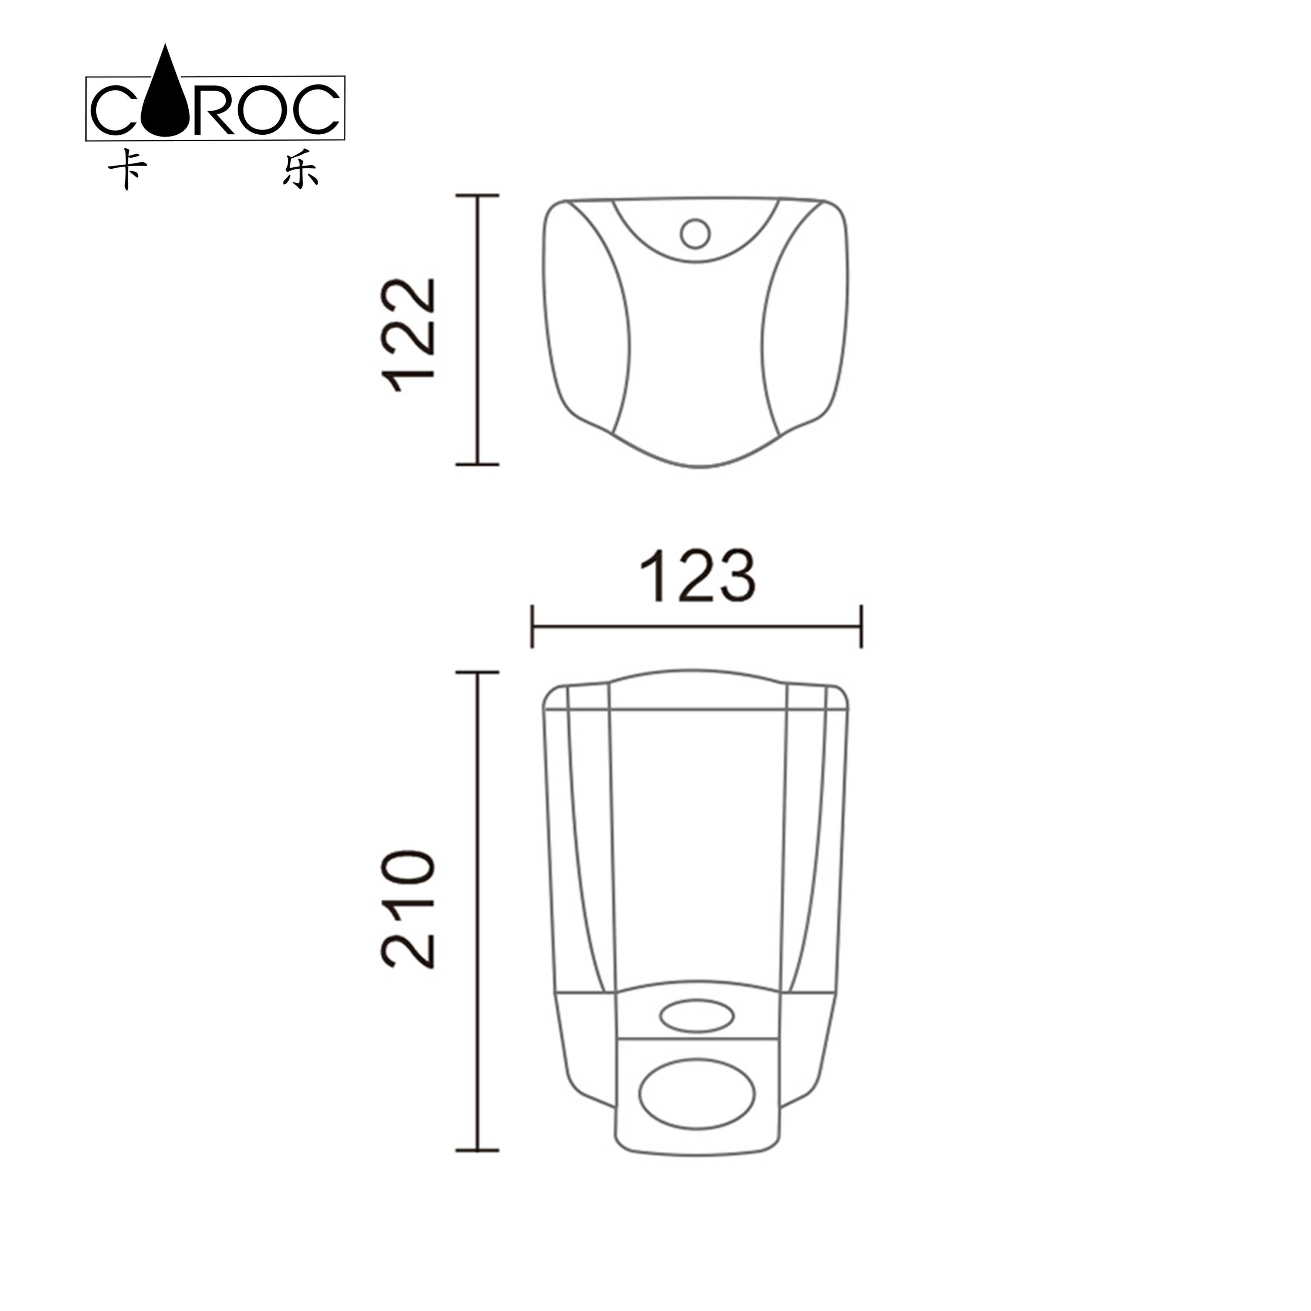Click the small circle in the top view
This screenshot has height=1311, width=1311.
tap(695, 233)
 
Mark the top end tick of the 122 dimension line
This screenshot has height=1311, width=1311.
tap(478, 195)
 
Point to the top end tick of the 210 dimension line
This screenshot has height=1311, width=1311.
tap(478, 672)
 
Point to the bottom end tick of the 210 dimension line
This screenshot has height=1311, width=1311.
tap(478, 1150)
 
